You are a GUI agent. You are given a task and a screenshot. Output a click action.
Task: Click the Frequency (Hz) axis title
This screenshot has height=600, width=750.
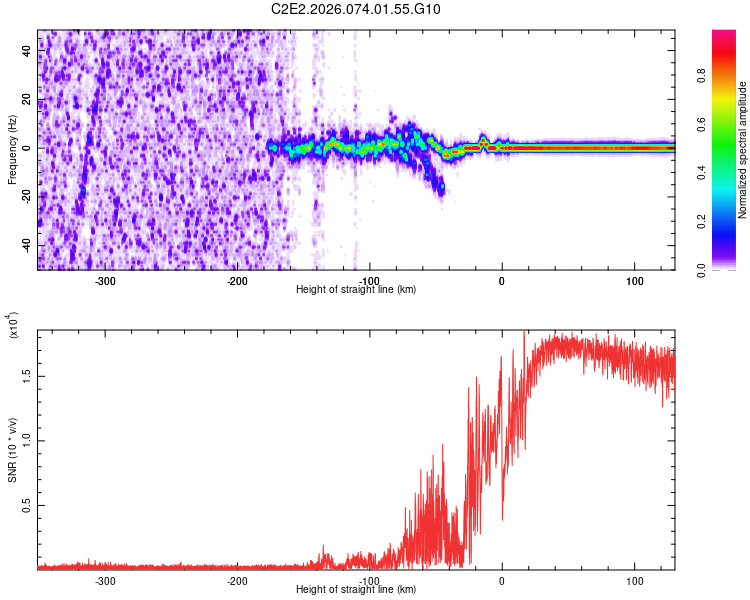(12, 149)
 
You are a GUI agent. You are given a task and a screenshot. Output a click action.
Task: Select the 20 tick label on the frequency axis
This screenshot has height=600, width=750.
(27, 100)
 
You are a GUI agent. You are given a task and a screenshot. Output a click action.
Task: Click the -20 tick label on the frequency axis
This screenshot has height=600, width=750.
(25, 197)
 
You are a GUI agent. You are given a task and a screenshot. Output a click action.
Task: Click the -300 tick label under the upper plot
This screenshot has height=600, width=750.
(105, 281)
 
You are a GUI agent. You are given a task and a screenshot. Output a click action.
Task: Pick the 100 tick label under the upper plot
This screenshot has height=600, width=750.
(634, 281)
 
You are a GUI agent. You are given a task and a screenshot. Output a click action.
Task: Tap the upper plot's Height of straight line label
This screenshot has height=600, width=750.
(356, 290)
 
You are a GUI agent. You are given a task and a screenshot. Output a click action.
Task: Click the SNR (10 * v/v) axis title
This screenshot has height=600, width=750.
(12, 449)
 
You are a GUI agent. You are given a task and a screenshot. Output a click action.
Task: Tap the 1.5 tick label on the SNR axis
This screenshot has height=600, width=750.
(27, 376)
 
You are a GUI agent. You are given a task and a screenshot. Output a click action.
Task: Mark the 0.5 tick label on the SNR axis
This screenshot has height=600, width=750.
(27, 506)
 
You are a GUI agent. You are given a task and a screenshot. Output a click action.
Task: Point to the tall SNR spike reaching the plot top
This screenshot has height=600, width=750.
(525, 335)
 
